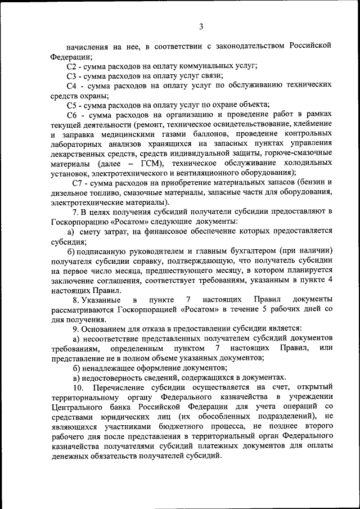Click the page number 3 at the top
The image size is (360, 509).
point(201,26)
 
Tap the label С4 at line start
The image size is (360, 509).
point(72,86)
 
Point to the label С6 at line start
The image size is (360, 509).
point(72,116)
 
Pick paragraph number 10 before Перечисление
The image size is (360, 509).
point(77,388)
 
